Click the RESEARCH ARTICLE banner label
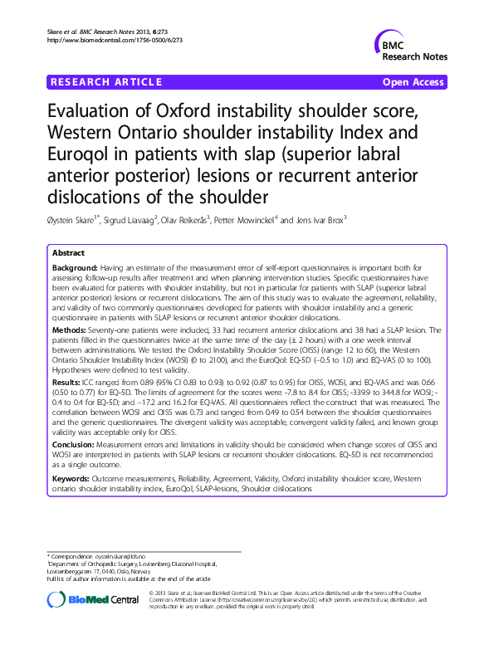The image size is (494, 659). pyautogui.click(x=105, y=82)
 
